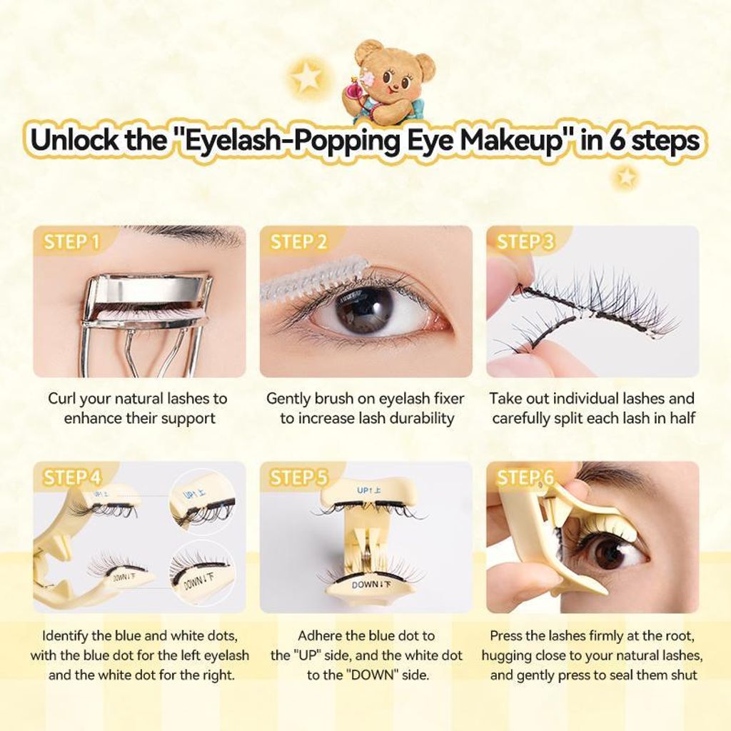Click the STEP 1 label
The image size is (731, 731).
coord(72,242)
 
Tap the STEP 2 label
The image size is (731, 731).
coord(299,242)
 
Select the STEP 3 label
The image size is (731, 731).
coord(526,242)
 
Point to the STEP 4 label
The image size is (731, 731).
coord(72,478)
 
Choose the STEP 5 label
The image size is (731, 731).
coord(299,478)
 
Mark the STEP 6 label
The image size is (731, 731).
coord(525,478)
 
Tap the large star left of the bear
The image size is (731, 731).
coord(307,76)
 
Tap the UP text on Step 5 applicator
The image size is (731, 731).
coord(363,490)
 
